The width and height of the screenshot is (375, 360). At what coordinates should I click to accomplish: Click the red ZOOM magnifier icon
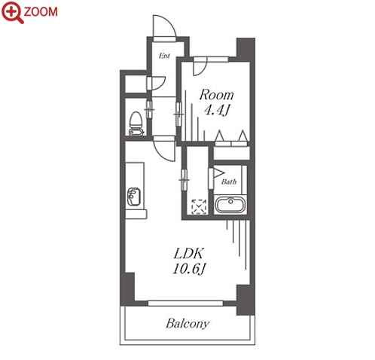click(x=12, y=12)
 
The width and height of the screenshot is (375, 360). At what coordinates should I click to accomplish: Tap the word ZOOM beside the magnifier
click(x=41, y=12)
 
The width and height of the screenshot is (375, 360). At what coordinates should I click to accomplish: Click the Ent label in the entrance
click(x=164, y=56)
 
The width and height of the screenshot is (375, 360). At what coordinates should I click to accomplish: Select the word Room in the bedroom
click(x=216, y=95)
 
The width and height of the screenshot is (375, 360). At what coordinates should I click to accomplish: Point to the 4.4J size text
click(x=217, y=110)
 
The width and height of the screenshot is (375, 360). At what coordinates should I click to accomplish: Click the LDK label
click(x=188, y=254)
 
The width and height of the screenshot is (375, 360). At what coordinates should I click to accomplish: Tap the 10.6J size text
click(x=189, y=269)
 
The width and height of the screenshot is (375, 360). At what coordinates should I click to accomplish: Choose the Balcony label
click(x=187, y=324)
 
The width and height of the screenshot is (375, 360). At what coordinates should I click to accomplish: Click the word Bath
click(x=229, y=182)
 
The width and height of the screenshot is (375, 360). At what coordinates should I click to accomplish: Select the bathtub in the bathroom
click(x=230, y=205)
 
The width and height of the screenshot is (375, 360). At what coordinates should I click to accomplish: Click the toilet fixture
click(x=136, y=124)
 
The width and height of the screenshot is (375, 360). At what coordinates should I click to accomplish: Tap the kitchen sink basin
click(x=133, y=197)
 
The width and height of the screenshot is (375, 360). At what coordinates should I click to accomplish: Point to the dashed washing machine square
click(x=199, y=206)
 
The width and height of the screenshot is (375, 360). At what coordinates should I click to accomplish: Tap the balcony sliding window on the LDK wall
click(x=185, y=304)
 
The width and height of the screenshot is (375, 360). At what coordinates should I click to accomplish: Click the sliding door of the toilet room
click(x=149, y=109)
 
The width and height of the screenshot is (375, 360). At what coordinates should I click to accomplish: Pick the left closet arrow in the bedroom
click(x=220, y=136)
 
